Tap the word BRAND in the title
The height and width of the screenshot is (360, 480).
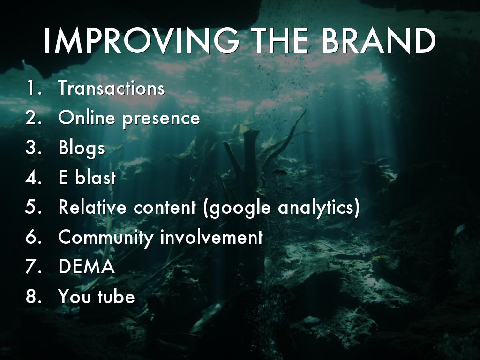[378, 41]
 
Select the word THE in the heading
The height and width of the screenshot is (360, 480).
[281, 41]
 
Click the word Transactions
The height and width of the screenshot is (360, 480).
[112, 88]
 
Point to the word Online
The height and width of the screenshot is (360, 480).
[86, 117]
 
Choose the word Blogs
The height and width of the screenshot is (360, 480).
[82, 148]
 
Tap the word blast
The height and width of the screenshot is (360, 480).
[96, 177]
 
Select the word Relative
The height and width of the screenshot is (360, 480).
[92, 207]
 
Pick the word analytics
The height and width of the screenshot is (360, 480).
[319, 208]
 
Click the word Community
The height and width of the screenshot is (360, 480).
[105, 237]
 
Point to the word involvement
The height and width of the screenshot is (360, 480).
[211, 236]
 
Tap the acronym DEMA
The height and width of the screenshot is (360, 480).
[87, 266]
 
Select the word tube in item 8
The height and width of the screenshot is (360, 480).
[116, 296]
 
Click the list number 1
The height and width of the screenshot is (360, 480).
[34, 88]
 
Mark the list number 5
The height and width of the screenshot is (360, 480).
[33, 207]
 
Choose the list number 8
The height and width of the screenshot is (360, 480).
[33, 296]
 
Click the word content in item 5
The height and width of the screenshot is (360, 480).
[165, 207]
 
